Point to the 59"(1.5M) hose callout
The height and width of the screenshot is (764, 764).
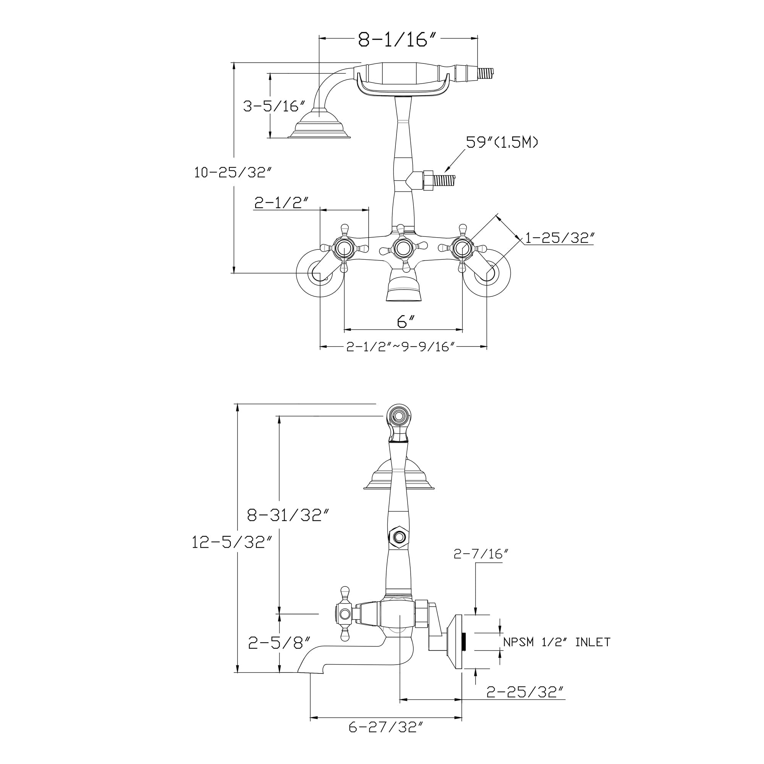[x=502, y=142]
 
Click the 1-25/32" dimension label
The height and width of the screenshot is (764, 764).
[x=559, y=238]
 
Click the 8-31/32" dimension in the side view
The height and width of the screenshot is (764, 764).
[x=288, y=515]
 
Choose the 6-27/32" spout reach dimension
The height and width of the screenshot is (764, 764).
[x=386, y=738]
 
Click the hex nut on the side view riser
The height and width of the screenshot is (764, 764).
[x=399, y=537]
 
